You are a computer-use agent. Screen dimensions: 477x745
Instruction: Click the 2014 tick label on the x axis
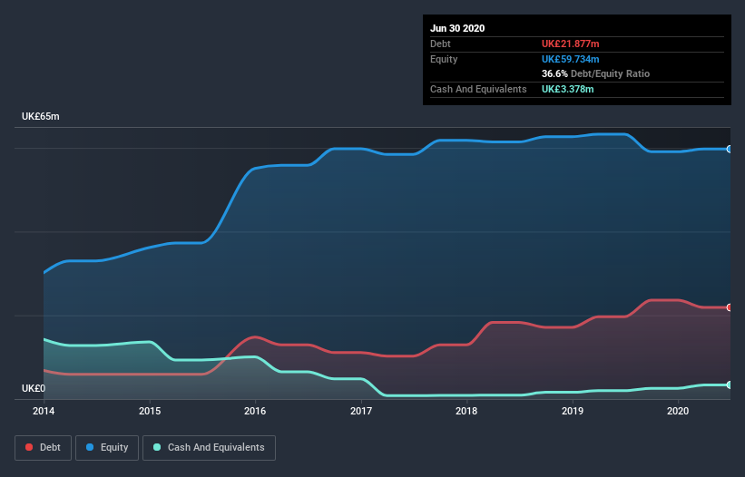44,411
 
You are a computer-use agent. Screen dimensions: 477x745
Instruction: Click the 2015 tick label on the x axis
150,411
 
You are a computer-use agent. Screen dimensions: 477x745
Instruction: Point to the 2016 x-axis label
255,411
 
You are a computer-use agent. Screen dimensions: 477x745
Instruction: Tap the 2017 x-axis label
361,411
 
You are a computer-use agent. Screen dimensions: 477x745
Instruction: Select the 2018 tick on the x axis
466,411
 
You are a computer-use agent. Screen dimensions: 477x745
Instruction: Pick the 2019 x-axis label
573,411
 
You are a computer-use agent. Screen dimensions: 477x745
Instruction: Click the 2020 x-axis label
678,411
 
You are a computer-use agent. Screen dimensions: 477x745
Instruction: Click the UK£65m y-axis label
41,117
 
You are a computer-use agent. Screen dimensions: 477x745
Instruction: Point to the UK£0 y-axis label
34,388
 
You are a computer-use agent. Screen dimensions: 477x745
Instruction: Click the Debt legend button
43,447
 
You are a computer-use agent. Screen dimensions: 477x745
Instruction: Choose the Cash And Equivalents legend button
209,447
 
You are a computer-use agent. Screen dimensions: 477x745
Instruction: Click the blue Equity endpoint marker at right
730,149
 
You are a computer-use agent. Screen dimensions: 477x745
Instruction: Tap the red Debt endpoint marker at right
730,307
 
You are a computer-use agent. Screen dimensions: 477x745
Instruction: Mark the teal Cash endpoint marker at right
730,385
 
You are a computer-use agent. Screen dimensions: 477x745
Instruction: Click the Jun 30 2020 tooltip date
457,28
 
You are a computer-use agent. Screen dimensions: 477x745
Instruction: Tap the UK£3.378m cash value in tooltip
569,89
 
